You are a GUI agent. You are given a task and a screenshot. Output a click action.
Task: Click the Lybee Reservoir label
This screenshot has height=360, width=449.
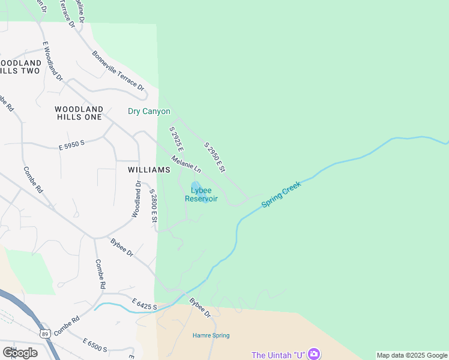click(201, 194)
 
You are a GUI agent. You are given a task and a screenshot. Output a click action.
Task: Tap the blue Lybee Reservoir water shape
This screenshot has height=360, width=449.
click(196, 186)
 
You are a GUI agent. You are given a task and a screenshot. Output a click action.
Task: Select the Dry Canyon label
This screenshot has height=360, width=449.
click(149, 111)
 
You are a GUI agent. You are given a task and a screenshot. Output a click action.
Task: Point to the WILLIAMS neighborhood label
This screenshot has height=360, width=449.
click(149, 170)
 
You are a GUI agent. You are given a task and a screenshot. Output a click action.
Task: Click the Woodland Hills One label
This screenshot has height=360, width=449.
click(79, 113)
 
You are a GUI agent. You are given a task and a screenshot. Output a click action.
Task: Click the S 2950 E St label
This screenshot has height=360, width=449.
click(214, 158)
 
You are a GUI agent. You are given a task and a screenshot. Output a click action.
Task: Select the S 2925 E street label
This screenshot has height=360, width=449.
click(176, 139)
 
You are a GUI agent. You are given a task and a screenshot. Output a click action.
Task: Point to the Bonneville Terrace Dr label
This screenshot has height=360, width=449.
click(119, 71)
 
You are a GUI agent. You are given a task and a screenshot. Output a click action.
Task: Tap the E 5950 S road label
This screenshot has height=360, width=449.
click(72, 145)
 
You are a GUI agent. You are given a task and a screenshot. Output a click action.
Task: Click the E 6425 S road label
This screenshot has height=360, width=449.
click(144, 307)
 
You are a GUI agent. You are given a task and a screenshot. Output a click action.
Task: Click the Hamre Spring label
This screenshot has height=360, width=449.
click(211, 335)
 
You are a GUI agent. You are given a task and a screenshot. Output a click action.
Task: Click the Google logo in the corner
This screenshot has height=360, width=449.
click(20, 353)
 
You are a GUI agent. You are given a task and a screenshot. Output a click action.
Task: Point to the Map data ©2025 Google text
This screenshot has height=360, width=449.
click(412, 355)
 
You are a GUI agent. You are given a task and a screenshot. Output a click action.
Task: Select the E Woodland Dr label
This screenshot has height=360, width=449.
click(53, 61)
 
